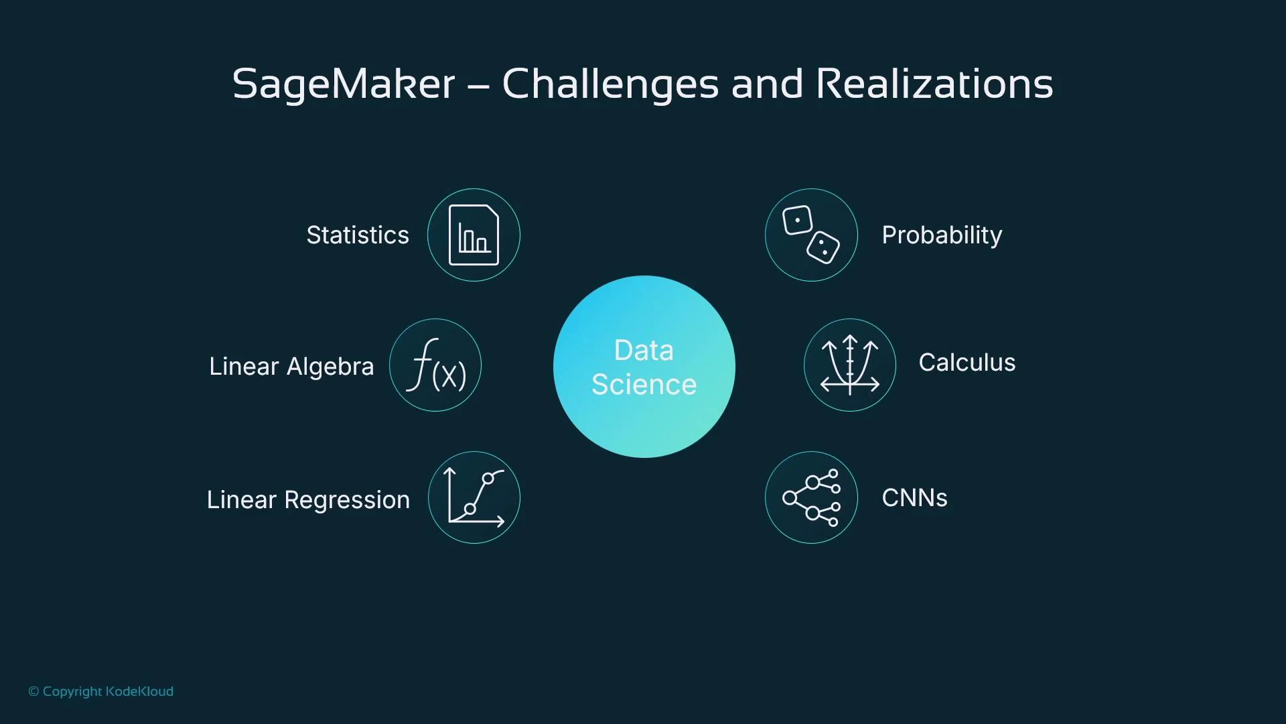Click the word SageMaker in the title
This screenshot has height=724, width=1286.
coord(344,84)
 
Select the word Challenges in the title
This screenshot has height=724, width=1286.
coord(610,84)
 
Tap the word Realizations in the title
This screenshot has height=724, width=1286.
coord(934,84)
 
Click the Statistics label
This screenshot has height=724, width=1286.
coord(358,235)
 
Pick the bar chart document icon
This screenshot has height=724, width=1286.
coord(474,235)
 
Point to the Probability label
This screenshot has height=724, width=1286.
coord(942,235)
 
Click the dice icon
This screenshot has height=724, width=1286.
coord(811,235)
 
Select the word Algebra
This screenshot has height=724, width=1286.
coord(330,367)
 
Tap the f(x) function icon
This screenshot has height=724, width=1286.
coord(435,365)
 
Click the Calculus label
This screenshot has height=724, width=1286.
coord(967,363)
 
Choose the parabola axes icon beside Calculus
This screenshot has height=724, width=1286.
coord(850,365)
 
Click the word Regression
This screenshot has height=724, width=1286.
coord(347,500)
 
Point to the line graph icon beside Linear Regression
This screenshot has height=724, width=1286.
coord(474,497)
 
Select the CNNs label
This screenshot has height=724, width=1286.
coord(914,498)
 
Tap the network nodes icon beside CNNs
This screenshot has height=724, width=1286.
coord(811,497)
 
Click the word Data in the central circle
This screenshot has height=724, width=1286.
coord(644,351)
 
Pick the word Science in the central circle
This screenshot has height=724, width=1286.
coord(644,385)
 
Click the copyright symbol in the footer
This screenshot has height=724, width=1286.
coord(33,692)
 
